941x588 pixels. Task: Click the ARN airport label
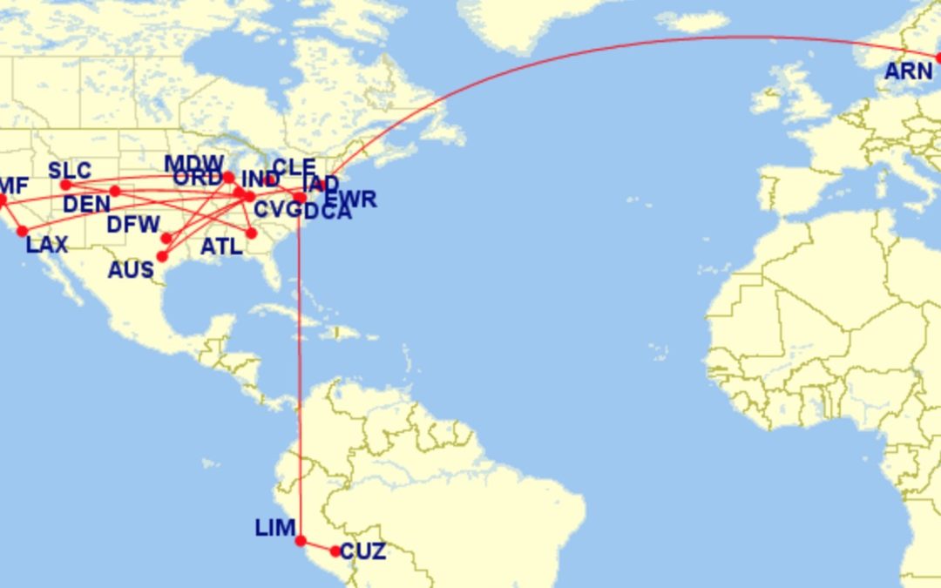coord(908,71)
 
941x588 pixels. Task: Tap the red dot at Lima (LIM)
coord(301,541)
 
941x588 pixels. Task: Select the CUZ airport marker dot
coord(335,551)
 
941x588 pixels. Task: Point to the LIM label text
coord(274,528)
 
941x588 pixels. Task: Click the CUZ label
coord(362,552)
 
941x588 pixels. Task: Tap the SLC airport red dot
coord(65,185)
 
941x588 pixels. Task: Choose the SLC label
coord(70,170)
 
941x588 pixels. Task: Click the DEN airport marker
coord(115,191)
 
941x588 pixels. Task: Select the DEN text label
coord(87,205)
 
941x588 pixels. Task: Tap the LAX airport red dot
coord(23,231)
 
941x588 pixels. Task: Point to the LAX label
coord(46,245)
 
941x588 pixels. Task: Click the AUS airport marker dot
coord(161,256)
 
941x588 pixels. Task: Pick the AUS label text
coord(131,270)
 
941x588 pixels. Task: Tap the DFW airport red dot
coord(166,238)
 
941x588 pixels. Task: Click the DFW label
coord(133,225)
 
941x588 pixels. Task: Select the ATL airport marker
coord(252,233)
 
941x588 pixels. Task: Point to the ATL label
coord(221,247)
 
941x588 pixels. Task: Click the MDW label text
coord(194,164)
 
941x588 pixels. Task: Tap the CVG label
coord(277,209)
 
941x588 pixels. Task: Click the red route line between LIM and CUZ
coord(318,546)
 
